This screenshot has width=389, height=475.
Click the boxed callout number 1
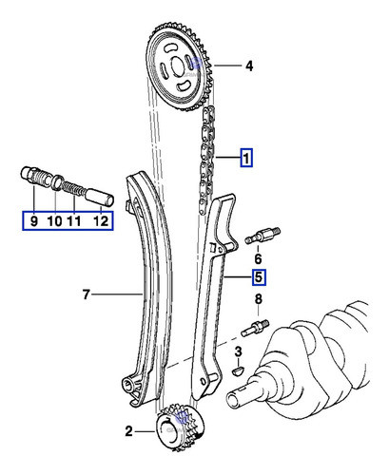(x=246, y=159)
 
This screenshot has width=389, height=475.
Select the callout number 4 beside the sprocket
(x=248, y=66)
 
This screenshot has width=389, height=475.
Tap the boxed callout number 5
(x=259, y=278)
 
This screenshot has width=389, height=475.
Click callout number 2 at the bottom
(x=129, y=432)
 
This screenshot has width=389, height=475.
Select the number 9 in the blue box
(x=33, y=221)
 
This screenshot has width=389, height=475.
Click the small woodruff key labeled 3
(x=239, y=370)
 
